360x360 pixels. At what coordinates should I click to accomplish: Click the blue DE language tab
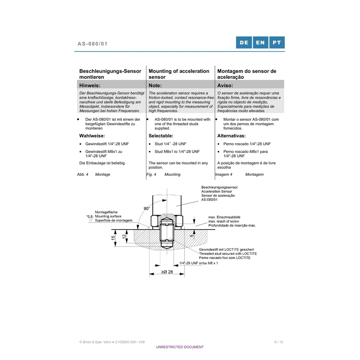tap(244, 42)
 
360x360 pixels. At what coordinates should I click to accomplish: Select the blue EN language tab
tap(260, 42)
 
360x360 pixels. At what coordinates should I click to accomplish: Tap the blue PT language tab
tap(277, 42)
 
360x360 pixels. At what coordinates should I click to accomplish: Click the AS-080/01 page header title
tap(92, 44)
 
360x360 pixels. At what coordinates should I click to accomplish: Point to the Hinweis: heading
tap(90, 86)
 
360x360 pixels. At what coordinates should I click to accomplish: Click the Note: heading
tap(155, 86)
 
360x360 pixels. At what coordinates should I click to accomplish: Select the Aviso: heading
tap(225, 86)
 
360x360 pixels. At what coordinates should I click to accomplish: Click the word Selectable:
tap(161, 136)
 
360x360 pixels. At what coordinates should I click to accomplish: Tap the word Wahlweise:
tap(92, 136)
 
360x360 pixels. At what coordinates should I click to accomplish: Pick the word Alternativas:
tap(232, 136)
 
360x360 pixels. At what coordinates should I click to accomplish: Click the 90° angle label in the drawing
tap(146, 208)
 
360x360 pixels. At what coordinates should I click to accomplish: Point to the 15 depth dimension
tap(113, 238)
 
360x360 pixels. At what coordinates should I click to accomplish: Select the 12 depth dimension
tap(124, 236)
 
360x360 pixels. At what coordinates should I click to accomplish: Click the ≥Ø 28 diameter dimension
tap(167, 272)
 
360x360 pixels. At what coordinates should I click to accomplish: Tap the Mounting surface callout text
tap(108, 216)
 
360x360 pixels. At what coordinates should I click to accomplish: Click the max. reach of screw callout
tap(224, 221)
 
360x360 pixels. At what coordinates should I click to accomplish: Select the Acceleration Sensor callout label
tap(216, 192)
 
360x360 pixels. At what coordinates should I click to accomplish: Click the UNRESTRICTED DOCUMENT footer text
tap(180, 347)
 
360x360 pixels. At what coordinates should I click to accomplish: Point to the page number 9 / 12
tap(278, 342)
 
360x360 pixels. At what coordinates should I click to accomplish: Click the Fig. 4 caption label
tap(151, 174)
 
